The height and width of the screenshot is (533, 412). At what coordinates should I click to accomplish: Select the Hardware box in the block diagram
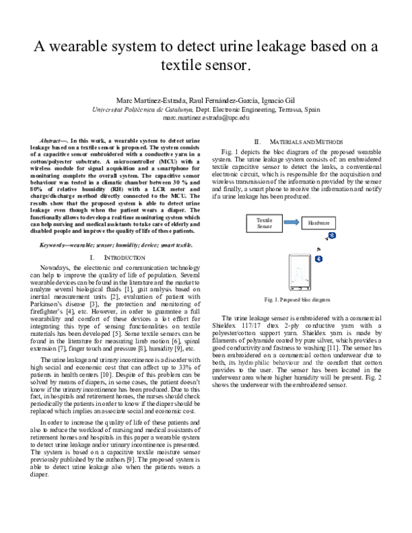click(x=318, y=223)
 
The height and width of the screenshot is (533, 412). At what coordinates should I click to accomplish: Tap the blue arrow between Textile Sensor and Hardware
click(x=290, y=223)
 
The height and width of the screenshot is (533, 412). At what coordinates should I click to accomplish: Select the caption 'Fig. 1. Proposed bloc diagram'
click(x=297, y=300)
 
